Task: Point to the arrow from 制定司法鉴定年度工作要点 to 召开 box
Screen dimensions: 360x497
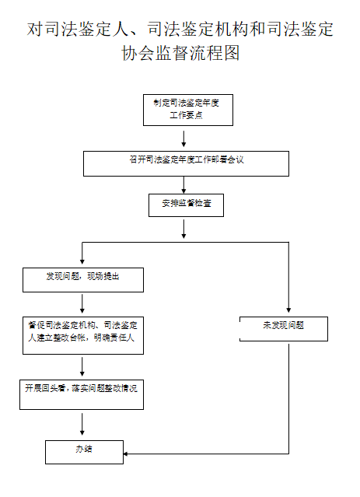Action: [x=183, y=138]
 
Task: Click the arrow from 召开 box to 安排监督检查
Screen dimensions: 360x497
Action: [x=183, y=185]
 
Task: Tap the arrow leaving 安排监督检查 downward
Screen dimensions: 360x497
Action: [x=183, y=229]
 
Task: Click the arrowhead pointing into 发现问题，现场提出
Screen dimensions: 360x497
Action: [x=82, y=261]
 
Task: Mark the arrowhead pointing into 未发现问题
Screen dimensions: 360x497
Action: [x=288, y=310]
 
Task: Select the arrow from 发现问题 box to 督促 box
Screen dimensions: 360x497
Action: [x=82, y=303]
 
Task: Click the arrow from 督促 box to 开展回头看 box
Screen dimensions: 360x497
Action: [x=82, y=367]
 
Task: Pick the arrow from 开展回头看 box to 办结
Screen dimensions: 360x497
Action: [x=82, y=424]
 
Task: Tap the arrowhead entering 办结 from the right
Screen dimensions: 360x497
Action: [x=126, y=454]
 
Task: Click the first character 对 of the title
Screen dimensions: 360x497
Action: [x=35, y=29]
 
